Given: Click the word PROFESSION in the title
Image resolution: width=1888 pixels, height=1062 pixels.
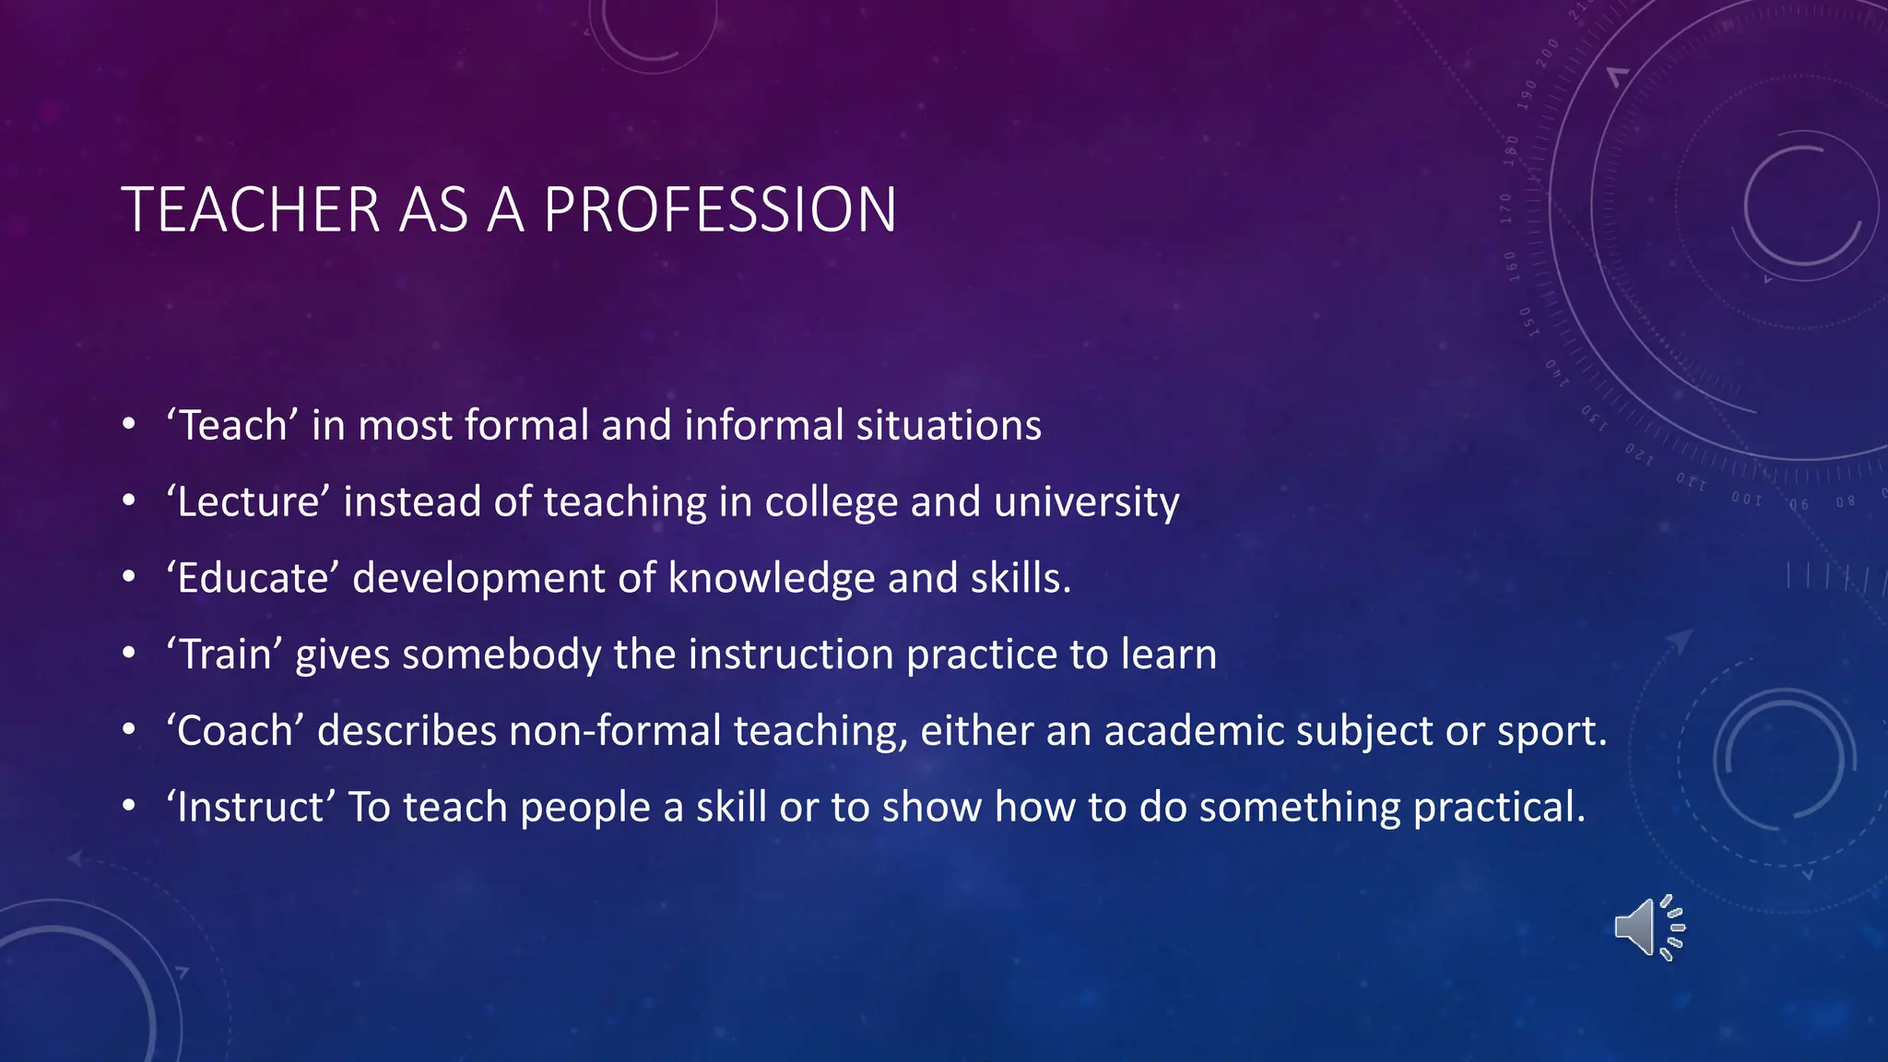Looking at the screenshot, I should click(719, 210).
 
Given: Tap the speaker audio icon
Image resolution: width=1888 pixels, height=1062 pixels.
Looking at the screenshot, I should click(1648, 927).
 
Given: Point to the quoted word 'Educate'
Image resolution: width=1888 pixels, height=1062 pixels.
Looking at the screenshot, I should click(254, 579).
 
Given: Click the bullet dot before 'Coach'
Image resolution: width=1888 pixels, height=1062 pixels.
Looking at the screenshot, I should click(129, 731).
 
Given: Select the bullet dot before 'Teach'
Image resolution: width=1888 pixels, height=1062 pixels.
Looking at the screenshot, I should click(129, 426).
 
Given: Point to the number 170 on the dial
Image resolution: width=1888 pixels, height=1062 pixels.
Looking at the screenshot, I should click(1506, 208).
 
